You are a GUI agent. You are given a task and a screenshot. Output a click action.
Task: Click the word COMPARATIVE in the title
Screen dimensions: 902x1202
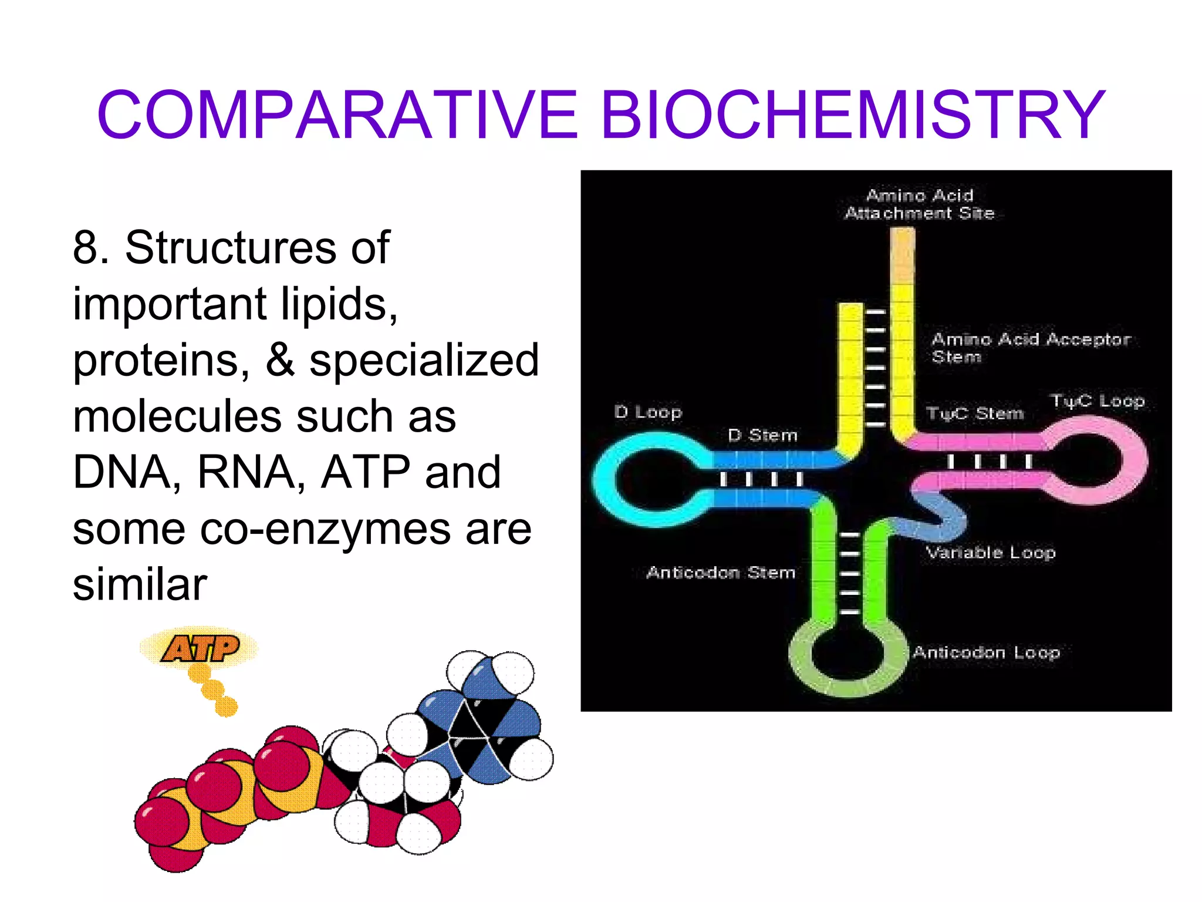tap(337, 115)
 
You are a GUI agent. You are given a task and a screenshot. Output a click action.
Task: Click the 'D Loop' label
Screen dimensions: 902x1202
tap(648, 412)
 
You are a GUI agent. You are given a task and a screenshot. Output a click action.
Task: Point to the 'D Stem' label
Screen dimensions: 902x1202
tap(762, 435)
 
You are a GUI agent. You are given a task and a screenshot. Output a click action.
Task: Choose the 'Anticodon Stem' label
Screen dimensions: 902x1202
tap(721, 572)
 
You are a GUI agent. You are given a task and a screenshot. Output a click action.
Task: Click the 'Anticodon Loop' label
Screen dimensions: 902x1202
tap(986, 652)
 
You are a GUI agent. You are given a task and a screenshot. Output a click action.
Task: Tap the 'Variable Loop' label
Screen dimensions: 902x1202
tap(991, 553)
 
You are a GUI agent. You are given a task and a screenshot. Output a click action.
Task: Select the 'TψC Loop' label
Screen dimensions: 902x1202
tap(1098, 401)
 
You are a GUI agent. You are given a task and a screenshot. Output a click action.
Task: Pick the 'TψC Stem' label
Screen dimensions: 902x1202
tap(975, 413)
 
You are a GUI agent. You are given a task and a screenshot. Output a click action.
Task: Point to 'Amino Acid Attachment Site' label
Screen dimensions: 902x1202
tap(920, 204)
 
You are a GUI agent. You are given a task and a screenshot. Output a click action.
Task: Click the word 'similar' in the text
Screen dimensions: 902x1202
tap(140, 584)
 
